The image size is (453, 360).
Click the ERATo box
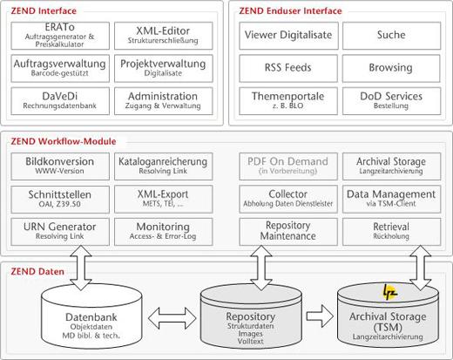(60, 36)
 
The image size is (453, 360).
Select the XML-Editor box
(164, 36)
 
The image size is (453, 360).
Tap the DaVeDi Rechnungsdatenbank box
(60, 101)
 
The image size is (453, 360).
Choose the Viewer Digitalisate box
(288, 36)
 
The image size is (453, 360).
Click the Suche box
(391, 36)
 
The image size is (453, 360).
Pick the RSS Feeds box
(288, 68)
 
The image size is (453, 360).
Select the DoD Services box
(391, 101)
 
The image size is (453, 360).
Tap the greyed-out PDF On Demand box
(288, 166)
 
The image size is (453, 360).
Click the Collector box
(288, 199)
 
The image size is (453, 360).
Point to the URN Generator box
(60, 232)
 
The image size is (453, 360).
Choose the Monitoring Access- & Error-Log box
(164, 232)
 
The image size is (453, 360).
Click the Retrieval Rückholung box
(391, 232)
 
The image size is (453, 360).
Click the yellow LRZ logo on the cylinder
(389, 292)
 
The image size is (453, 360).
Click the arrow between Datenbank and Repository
(172, 318)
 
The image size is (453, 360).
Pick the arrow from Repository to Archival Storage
(320, 316)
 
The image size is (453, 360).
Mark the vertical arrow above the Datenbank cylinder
(81, 268)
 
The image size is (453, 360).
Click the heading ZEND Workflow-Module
(64, 141)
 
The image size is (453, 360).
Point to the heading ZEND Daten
(37, 272)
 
